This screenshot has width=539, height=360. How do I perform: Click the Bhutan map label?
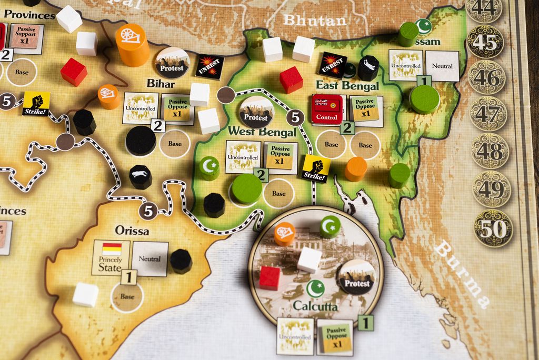point(315,21)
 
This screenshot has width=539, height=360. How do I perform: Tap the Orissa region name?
point(132,231)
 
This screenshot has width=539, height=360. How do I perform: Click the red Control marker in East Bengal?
point(327,109)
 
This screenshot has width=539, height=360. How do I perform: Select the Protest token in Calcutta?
point(356,276)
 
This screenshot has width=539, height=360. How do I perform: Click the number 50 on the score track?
point(493,228)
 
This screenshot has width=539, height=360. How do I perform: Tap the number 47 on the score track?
point(489,113)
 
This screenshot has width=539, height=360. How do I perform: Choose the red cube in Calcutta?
point(269,277)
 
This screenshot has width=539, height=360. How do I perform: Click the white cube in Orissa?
point(85,294)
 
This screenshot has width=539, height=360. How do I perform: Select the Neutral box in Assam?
point(442,66)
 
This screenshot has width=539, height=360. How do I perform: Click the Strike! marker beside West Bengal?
point(316,168)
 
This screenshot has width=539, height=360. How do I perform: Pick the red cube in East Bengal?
point(291,80)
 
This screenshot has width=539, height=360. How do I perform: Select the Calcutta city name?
point(315,306)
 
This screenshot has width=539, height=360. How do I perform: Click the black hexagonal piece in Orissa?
point(181,261)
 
